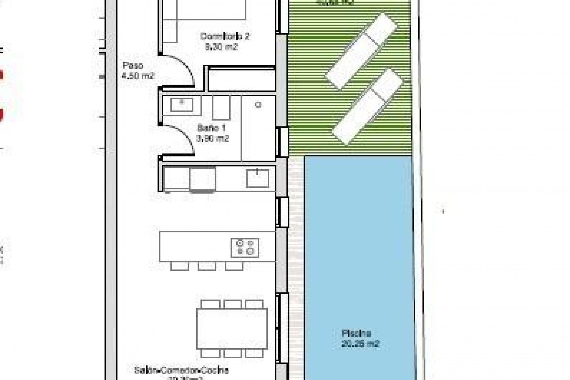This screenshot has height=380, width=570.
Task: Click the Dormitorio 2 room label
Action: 225,37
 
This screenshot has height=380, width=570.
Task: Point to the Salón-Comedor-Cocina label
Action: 181,370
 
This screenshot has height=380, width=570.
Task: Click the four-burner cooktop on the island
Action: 245,248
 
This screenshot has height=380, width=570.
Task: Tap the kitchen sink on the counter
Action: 257,178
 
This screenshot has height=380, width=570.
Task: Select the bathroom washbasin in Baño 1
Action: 182,104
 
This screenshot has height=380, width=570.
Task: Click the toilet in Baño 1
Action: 221,107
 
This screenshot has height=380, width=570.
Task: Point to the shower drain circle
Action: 258,105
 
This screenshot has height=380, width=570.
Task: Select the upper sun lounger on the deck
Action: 361,51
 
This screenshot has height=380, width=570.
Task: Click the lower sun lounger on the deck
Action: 368,106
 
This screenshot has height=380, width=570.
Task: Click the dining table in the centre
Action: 232,329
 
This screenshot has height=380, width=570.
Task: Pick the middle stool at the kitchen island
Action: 207,266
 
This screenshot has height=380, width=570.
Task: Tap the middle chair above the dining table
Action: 232,304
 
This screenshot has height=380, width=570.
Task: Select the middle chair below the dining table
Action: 232,353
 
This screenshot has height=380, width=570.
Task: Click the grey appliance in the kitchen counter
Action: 202,180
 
